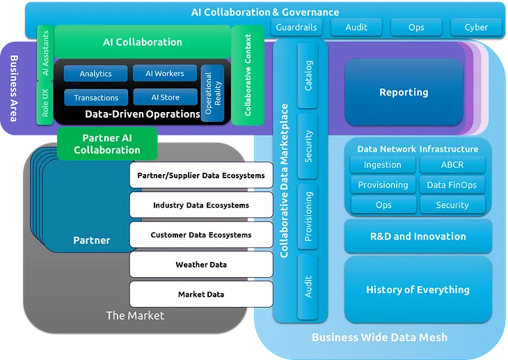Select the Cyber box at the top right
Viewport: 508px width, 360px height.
pos(476,27)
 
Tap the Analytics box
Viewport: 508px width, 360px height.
pos(95,74)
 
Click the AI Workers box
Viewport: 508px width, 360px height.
pos(165,74)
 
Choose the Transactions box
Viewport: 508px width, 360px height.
pos(96,97)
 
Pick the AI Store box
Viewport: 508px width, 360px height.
pos(165,97)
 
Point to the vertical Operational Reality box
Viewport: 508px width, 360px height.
pos(212,93)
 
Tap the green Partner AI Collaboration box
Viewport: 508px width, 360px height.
pos(106,143)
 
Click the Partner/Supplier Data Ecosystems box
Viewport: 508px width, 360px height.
pos(201,175)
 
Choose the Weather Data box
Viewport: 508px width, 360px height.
pos(201,265)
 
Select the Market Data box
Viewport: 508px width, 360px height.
pos(201,295)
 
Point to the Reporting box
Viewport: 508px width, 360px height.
pos(404,93)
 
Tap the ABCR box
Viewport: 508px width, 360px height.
pos(452,165)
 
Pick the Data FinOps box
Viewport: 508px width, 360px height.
pos(452,185)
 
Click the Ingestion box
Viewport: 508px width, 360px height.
pos(382,165)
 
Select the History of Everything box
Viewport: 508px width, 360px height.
pos(418,290)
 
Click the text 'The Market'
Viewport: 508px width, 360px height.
pos(135,315)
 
